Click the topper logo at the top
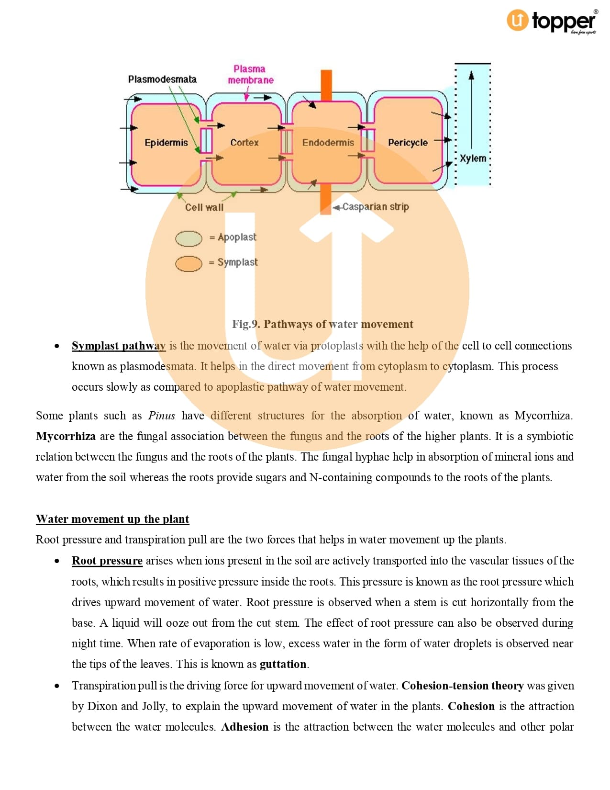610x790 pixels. (552, 21)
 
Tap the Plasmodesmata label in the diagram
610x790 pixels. (162, 79)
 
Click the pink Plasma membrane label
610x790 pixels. (250, 75)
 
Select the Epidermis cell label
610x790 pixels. (166, 143)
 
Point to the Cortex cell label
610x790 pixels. (244, 143)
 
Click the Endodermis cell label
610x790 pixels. (328, 143)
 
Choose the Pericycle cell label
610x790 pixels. (408, 143)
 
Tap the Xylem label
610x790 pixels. (473, 158)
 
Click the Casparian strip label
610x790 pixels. (376, 207)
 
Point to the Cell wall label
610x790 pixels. (204, 207)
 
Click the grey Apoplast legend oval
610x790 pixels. (189, 238)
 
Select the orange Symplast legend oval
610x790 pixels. (189, 263)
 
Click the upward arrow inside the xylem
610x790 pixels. (471, 110)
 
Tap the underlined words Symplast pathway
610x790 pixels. (119, 346)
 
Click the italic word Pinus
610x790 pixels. (162, 416)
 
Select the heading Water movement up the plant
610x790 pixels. (112, 519)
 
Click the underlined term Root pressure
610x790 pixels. (107, 561)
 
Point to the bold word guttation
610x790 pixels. (283, 664)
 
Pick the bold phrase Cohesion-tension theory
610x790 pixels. (462, 686)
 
